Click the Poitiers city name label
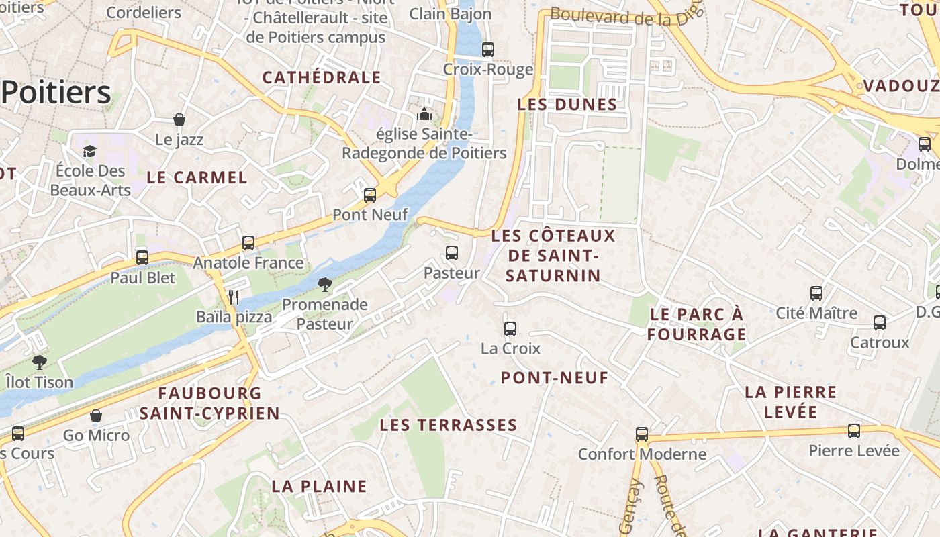point(56,93)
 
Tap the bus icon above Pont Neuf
point(370,195)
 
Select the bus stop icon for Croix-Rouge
point(488,50)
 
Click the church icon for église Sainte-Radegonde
point(424,115)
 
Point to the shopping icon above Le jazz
point(179,120)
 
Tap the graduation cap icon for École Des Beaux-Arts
point(90,151)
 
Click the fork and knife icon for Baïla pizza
point(234,297)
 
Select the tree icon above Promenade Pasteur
point(325,285)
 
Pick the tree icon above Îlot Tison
point(40,362)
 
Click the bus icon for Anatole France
point(248,243)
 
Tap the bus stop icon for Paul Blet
point(142,257)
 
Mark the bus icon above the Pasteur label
point(452,253)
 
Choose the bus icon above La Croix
point(510,329)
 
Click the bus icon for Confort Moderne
point(642,434)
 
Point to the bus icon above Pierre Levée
point(854,430)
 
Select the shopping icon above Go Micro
point(96,416)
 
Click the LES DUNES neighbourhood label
point(567,105)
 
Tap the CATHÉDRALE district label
point(322,78)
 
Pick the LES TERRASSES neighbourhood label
point(449,425)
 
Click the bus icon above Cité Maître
point(816,293)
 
